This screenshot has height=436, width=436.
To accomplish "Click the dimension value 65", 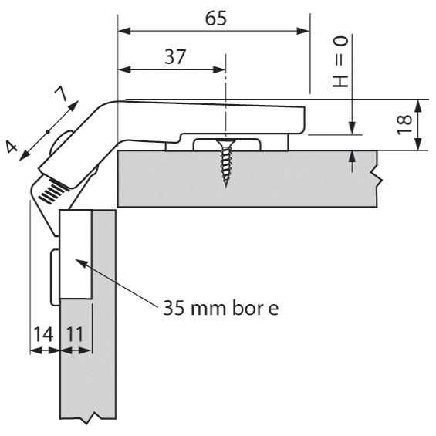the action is pos(216,19).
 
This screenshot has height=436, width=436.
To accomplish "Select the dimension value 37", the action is pos(174,57).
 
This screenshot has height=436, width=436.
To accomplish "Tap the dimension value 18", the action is pos(404,124).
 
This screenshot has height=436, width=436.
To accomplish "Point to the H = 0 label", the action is pos(340,62).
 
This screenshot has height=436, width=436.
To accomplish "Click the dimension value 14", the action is pos(43,334).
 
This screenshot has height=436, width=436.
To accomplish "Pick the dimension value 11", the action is pos(76,334).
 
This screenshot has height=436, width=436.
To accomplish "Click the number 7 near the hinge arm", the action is pos(61,93).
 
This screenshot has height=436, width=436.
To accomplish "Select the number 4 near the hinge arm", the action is pos(12,147).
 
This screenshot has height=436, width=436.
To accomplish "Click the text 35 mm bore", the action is pos(221,308).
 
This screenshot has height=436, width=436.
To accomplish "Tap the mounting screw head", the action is pos(226,143).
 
